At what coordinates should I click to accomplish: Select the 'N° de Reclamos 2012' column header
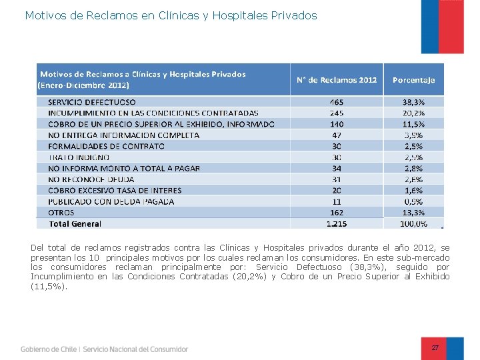click(337, 79)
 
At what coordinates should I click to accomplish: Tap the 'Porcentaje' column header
click(413, 79)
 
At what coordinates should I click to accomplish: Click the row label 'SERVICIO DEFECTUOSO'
click(92, 103)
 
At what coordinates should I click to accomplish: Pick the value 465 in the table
click(337, 103)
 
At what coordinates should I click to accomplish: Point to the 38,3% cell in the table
click(413, 103)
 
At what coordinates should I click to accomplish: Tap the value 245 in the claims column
click(337, 113)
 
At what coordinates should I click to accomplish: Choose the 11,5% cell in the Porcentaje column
click(413, 124)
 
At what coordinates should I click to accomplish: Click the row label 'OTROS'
click(61, 212)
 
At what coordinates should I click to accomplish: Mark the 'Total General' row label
click(75, 223)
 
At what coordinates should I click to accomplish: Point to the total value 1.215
click(337, 223)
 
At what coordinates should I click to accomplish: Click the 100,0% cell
click(413, 223)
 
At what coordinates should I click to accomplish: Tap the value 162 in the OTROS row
click(337, 212)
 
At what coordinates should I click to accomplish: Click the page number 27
click(435, 348)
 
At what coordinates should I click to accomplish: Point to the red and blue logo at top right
click(442, 27)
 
